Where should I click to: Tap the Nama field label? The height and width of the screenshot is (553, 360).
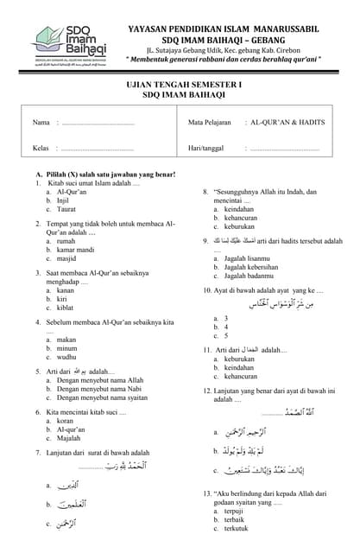click(41, 123)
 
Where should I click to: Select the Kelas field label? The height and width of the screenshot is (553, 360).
click(41, 149)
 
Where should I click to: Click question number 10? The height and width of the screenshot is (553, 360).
click(207, 290)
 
